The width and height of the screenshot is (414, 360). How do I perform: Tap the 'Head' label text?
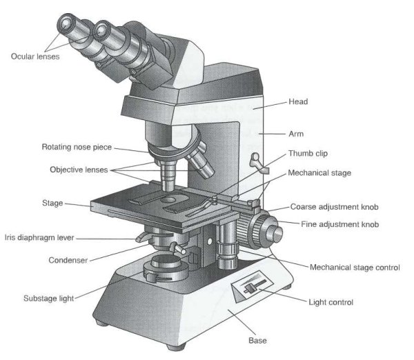click(x=298, y=102)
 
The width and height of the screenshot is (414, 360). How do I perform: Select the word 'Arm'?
click(x=296, y=134)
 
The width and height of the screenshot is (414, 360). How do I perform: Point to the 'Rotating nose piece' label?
click(x=77, y=147)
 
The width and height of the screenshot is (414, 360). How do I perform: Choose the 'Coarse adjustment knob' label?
click(x=335, y=207)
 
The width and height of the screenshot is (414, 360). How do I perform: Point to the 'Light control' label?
click(x=331, y=302)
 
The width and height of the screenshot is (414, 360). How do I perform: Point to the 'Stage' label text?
click(x=52, y=203)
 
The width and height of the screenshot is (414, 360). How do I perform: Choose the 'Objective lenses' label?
click(x=78, y=169)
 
